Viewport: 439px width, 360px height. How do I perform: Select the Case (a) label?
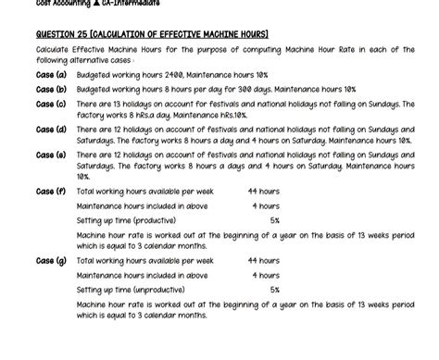point(51,73)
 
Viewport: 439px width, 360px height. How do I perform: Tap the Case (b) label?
point(51,89)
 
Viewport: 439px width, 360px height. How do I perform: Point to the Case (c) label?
point(51,105)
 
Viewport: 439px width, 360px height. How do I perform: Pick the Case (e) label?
point(51,155)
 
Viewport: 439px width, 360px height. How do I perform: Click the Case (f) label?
point(51,192)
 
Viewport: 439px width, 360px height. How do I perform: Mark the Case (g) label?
point(51,261)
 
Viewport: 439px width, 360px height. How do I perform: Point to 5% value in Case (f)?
point(274,221)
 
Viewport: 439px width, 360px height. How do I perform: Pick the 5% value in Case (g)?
point(274,290)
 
